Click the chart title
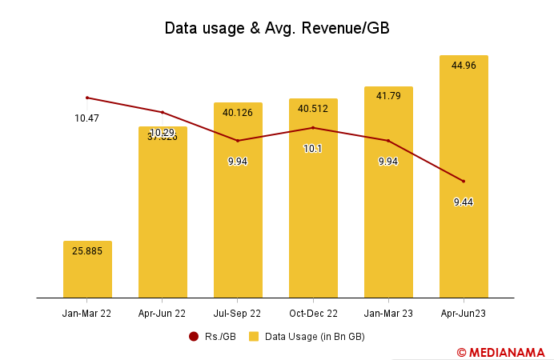coord(277,28)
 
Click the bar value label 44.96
coord(464,66)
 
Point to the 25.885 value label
coord(87,251)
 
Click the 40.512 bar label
coord(313,109)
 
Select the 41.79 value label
coord(388,97)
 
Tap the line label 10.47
coord(87,118)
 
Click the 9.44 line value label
coord(464,202)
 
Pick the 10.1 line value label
coord(313,149)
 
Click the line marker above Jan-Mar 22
coord(87,98)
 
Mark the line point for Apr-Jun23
coord(464,181)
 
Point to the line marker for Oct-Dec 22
coord(313,127)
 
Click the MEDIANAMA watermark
coord(501,351)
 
